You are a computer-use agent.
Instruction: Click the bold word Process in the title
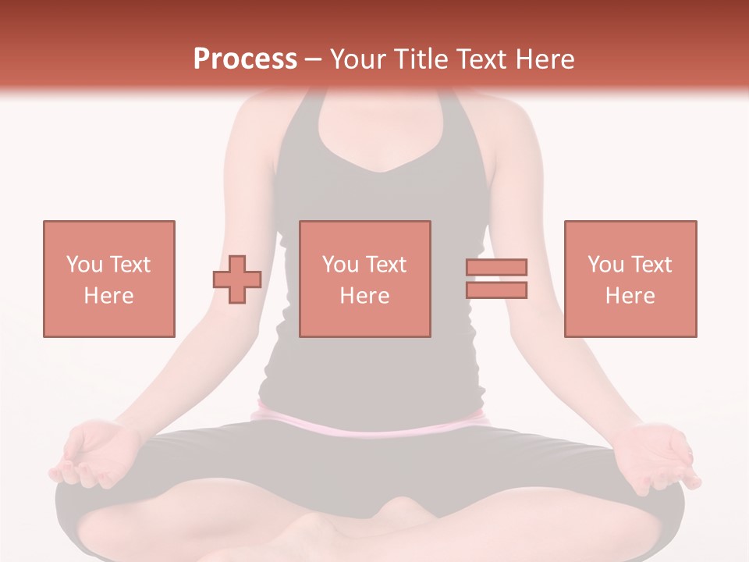pyautogui.click(x=245, y=59)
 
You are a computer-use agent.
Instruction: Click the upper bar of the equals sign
pyautogui.click(x=496, y=268)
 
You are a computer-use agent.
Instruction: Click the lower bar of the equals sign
pyautogui.click(x=496, y=290)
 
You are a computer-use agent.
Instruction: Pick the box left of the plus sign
pyautogui.click(x=109, y=279)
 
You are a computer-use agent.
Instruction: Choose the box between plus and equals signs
pyautogui.click(x=364, y=279)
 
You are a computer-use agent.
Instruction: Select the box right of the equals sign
pyautogui.click(x=630, y=279)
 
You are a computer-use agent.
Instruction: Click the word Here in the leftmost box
pyautogui.click(x=108, y=296)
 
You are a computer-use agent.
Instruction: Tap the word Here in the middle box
pyautogui.click(x=364, y=296)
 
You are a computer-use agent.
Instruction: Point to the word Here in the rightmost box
pyautogui.click(x=630, y=296)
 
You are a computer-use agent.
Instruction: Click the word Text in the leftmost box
pyautogui.click(x=130, y=265)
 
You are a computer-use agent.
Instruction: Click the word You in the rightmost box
pyautogui.click(x=606, y=265)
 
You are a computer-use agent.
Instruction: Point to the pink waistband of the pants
pyautogui.click(x=367, y=425)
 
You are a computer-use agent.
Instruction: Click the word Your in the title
pyautogui.click(x=358, y=59)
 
